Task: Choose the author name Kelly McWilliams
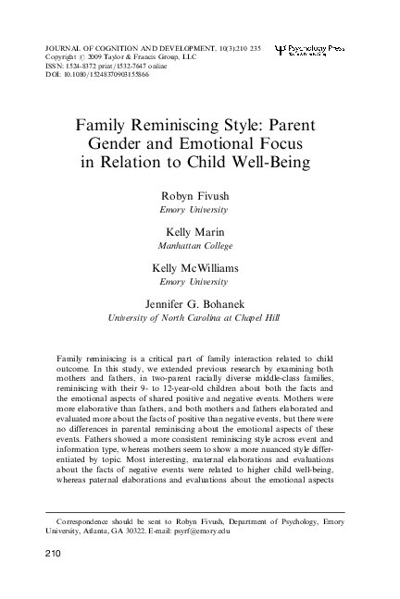coord(200,268)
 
